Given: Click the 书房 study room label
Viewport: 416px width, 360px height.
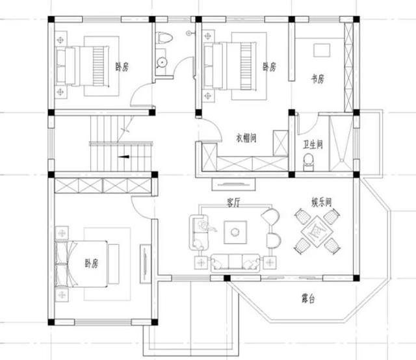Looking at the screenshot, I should coord(317,79).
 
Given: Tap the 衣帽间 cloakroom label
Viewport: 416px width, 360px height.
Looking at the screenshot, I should coord(246,138).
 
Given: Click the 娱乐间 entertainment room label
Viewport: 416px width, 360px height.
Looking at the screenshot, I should coord(322,202).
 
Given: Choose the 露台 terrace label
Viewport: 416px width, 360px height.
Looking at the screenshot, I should coord(307,299).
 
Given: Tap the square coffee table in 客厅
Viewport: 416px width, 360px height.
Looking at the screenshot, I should coord(235,231).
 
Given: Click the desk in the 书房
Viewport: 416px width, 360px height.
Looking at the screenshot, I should coord(322,49).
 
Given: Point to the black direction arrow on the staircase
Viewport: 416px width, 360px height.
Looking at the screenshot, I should coord(123,157).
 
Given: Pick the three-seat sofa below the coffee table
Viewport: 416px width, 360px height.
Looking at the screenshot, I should coord(234,261).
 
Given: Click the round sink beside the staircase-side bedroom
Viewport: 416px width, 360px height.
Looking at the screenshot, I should coord(161,62).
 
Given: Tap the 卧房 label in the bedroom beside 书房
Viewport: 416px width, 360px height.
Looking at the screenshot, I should coord(269,67).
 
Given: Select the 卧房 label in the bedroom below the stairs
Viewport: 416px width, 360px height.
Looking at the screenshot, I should coord(91,263).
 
